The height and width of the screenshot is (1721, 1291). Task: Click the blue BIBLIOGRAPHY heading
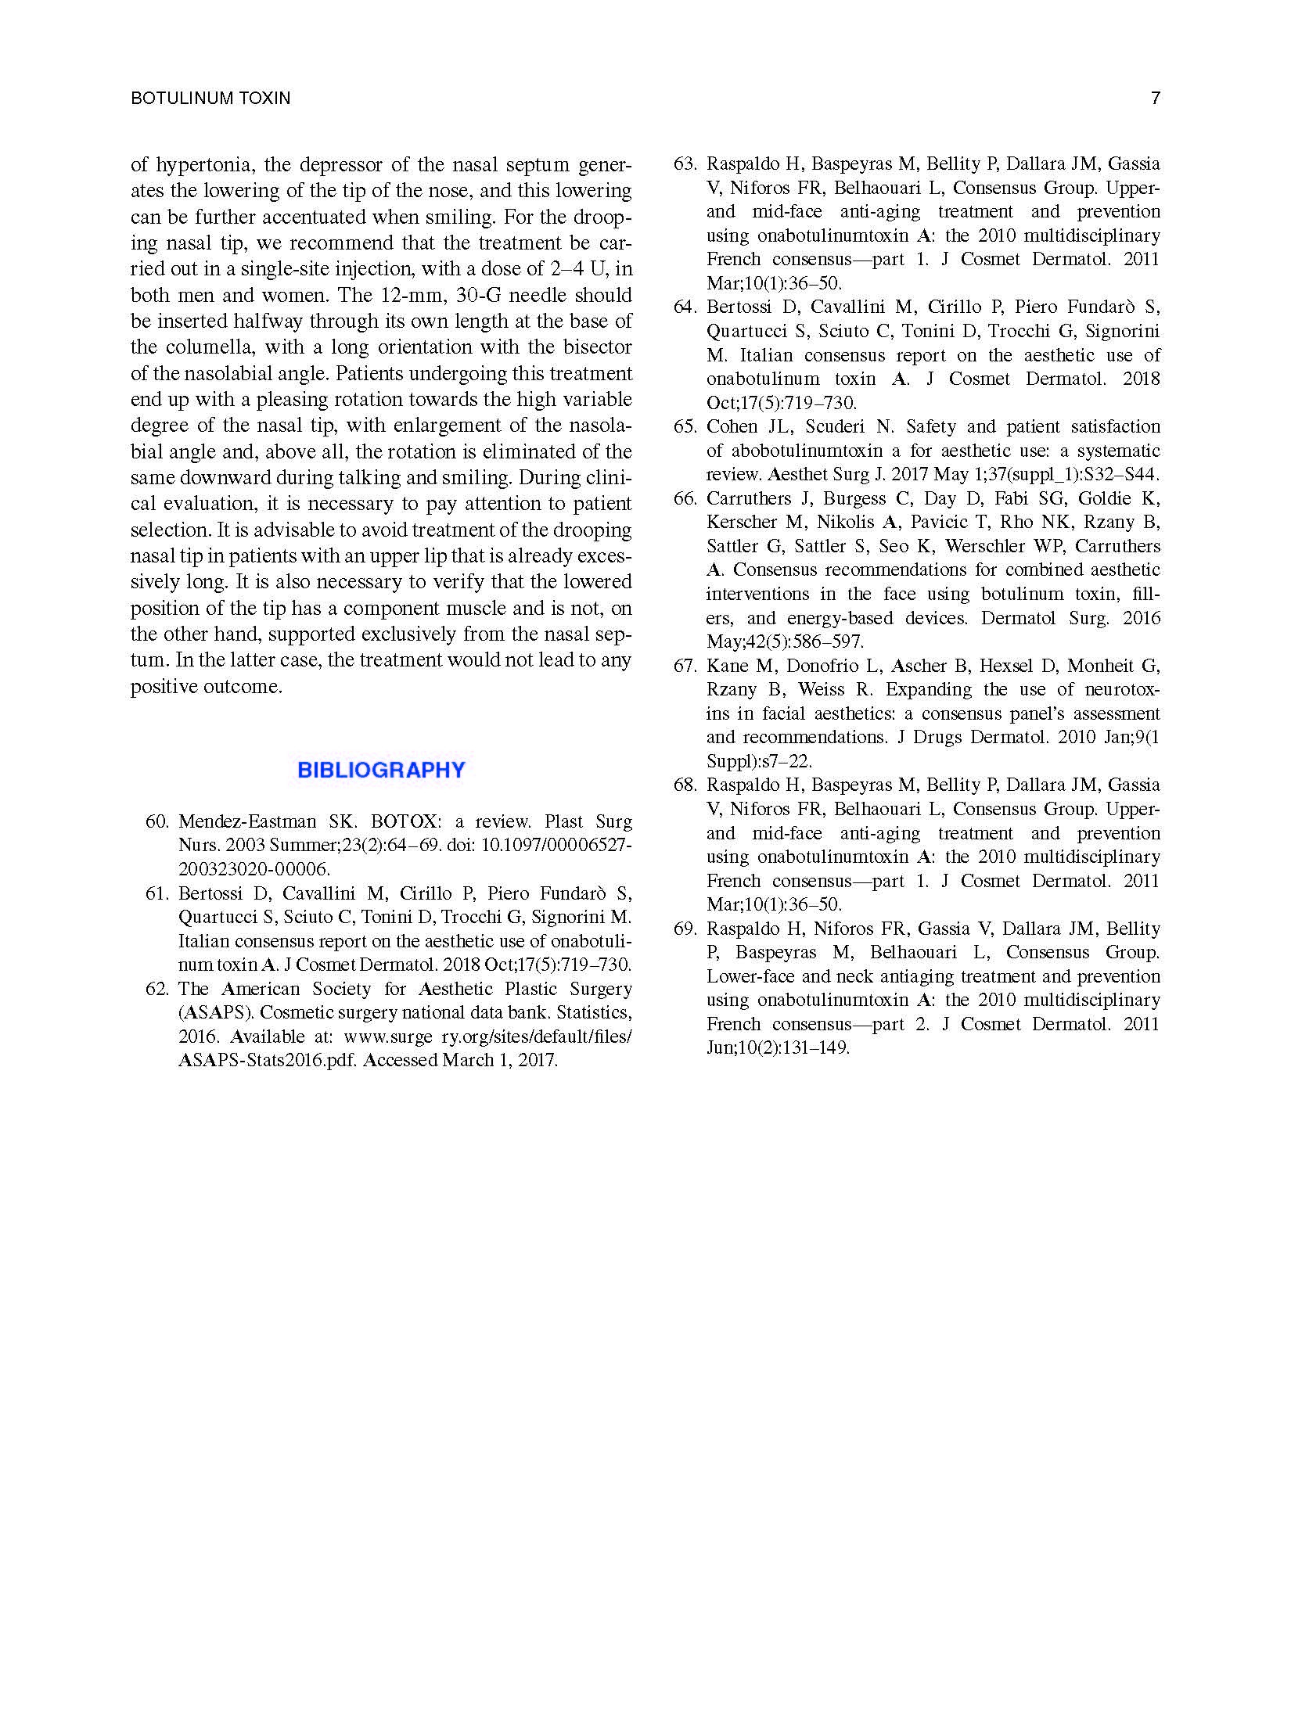[x=381, y=771]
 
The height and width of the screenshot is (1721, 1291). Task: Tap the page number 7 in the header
[x=1155, y=98]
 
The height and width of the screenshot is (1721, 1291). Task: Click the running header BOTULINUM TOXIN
[x=210, y=98]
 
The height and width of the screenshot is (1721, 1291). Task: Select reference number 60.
[x=156, y=822]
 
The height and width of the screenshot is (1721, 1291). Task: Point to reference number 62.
[x=156, y=990]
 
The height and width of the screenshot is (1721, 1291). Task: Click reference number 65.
[x=685, y=427]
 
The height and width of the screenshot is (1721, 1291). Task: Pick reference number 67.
[x=685, y=666]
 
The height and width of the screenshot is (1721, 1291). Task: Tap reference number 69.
[x=685, y=929]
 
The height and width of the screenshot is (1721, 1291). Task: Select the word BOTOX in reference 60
[x=404, y=822]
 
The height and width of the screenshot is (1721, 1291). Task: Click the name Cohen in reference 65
[x=731, y=427]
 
